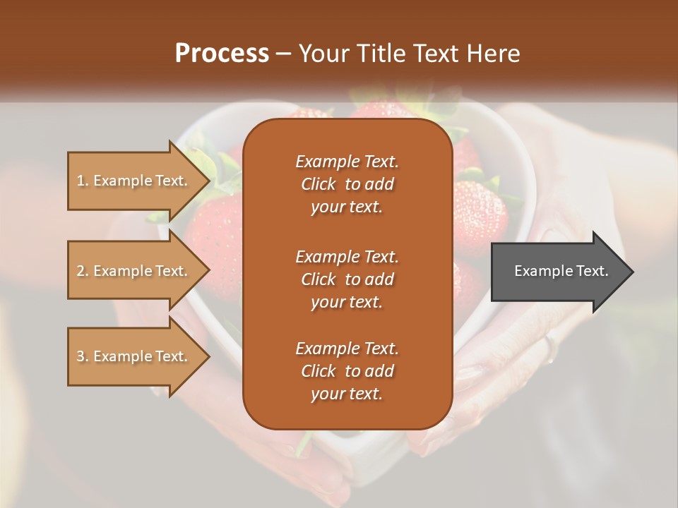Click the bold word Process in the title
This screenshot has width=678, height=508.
tap(222, 54)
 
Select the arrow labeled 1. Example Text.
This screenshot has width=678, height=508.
tap(134, 181)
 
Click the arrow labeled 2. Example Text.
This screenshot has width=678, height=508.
tap(134, 271)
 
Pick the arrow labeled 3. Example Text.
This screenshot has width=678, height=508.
tap(134, 356)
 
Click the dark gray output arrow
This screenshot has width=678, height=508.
tap(558, 271)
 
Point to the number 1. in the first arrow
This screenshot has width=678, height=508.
tap(83, 181)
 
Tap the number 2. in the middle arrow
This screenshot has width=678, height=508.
tap(83, 271)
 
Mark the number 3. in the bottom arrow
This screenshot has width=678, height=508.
tap(83, 356)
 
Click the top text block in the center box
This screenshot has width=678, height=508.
tap(347, 184)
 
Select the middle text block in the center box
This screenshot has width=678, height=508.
tap(347, 279)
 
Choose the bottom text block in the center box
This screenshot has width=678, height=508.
tap(347, 371)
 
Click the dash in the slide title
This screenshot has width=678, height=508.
tap(284, 54)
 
